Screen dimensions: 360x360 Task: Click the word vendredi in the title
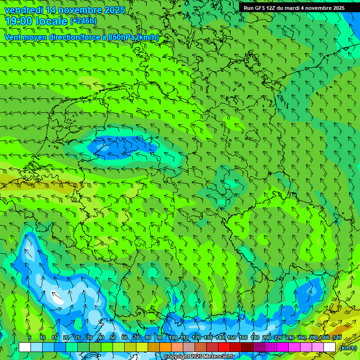click(23, 10)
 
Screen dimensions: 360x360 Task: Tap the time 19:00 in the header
click(18, 21)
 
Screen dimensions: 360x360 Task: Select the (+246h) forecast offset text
click(83, 21)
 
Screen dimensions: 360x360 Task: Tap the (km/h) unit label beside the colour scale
click(348, 348)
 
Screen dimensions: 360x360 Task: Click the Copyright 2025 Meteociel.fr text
click(198, 357)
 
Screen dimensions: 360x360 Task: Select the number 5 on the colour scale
click(30, 337)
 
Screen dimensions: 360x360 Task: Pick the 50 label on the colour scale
click(112, 337)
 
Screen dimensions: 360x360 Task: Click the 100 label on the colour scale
click(173, 337)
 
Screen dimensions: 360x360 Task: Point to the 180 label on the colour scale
click(255, 337)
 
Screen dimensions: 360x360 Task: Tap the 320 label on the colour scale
click(337, 337)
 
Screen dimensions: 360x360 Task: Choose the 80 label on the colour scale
click(148, 337)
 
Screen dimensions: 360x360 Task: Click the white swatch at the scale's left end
click(25, 347)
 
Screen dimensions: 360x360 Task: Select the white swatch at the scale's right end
click(330, 347)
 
